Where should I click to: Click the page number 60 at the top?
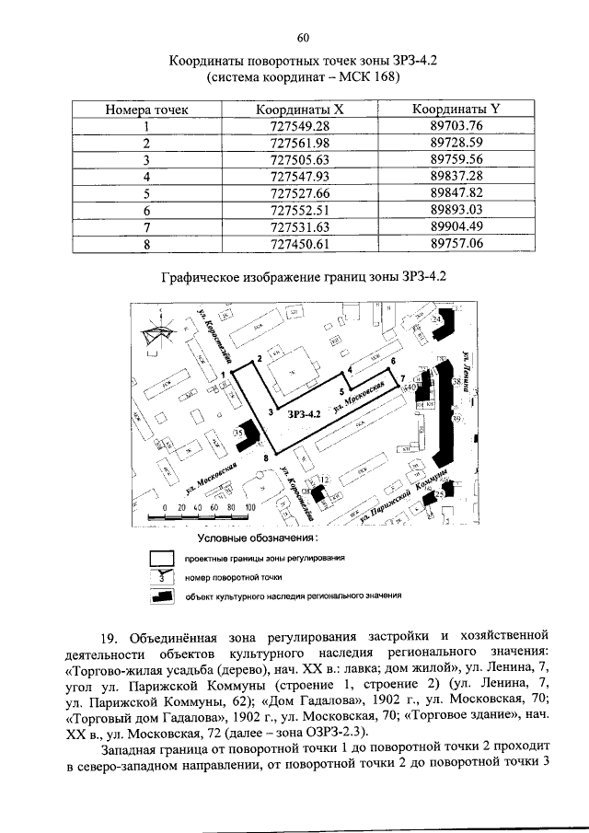click(x=303, y=37)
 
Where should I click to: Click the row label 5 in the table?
click(x=146, y=192)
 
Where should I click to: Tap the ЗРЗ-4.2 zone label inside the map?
click(x=303, y=415)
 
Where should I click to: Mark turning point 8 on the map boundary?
click(x=266, y=457)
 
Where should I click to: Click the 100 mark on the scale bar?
click(x=249, y=507)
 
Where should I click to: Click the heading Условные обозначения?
click(x=265, y=537)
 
